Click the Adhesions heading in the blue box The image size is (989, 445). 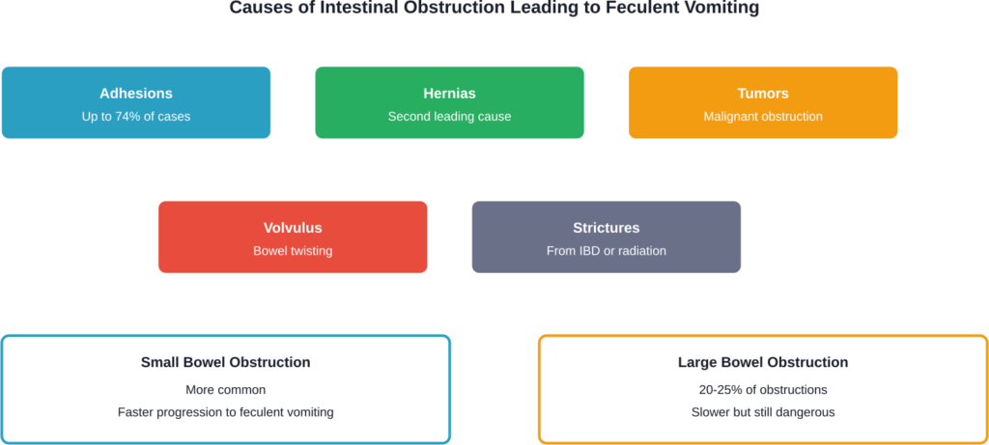pos(136,94)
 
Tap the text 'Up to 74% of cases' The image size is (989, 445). pos(136,117)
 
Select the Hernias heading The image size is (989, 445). pos(449,94)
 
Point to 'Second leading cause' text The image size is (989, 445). pos(449,117)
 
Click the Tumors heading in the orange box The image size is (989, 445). pos(763,94)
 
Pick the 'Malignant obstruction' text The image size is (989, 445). pos(763,117)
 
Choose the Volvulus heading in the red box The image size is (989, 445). pos(293,229)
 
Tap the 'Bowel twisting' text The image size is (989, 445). pos(293,251)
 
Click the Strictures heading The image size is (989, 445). pos(606,229)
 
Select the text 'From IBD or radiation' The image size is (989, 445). pos(606,251)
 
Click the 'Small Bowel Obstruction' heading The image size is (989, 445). pos(225,363)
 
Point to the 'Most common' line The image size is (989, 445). pos(225,390)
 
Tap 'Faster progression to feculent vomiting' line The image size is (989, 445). pos(225,412)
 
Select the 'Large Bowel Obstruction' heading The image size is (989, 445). pos(763,363)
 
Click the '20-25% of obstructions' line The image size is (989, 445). pos(763,390)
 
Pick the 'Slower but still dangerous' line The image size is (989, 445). pos(763,412)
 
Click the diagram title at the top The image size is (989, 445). pos(494,9)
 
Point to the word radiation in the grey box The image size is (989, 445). pos(643,251)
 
